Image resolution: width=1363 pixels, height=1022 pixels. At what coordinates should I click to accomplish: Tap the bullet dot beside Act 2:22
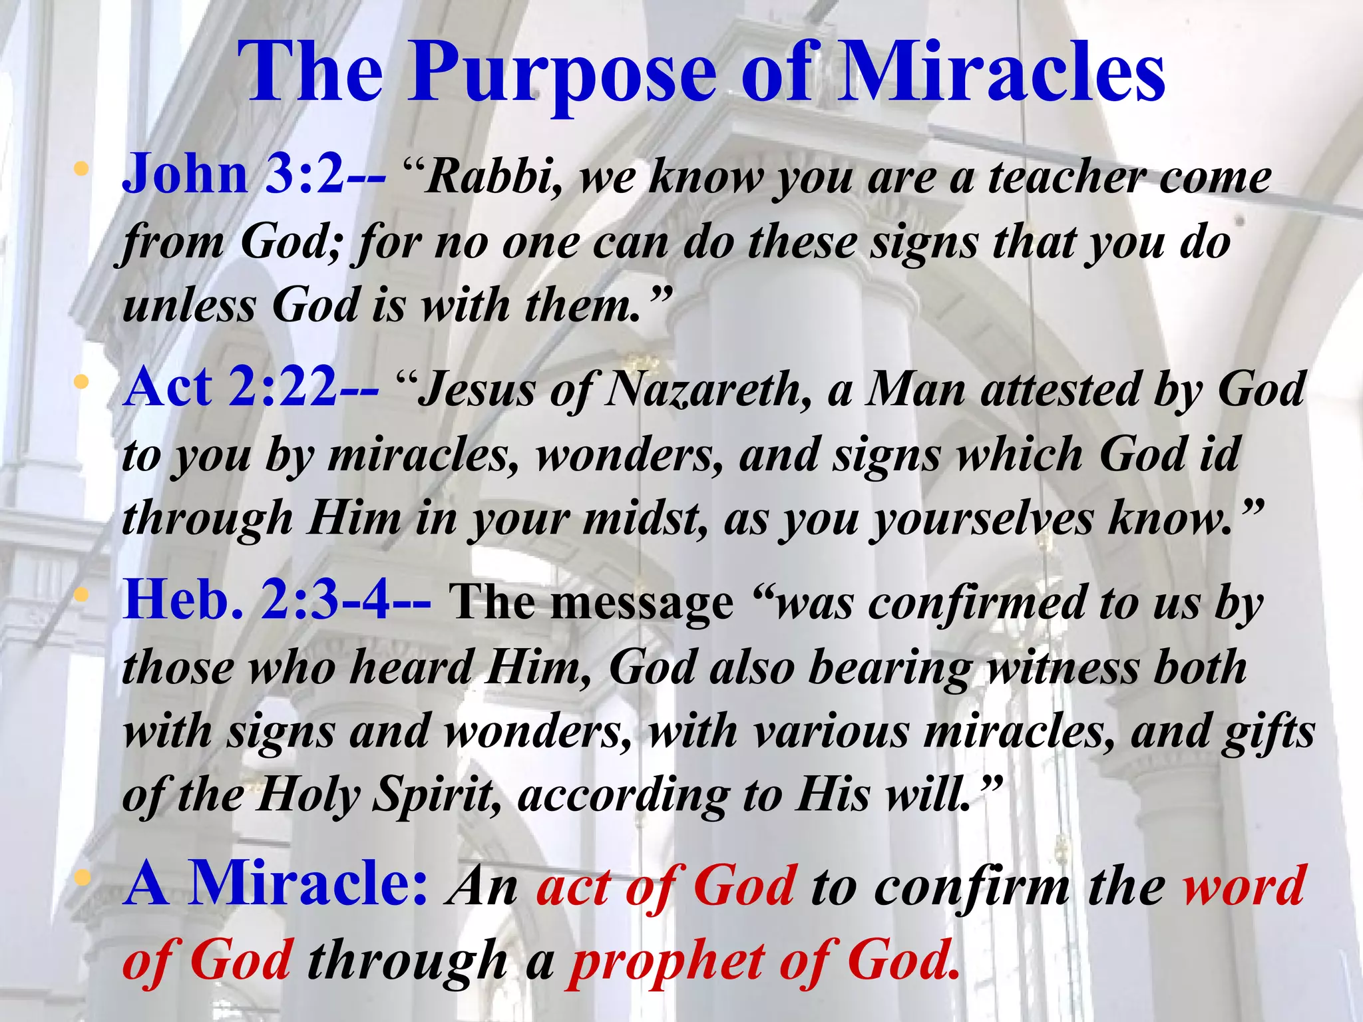point(81,383)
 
